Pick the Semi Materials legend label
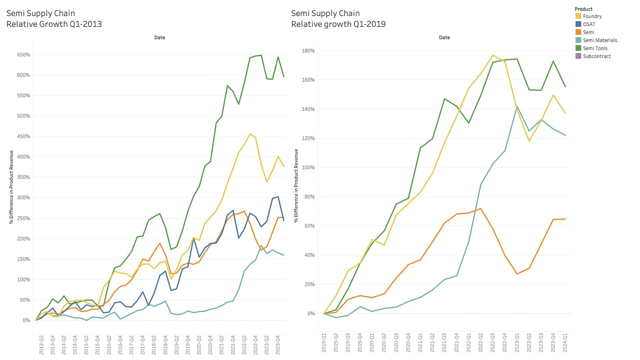pos(600,40)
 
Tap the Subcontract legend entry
pos(596,56)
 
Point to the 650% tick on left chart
pos(23,55)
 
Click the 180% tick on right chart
pos(308,51)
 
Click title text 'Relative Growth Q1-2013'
pos(54,24)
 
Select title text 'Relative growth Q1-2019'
pos(338,24)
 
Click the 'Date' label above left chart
pos(160,37)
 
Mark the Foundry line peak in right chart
pos(493,55)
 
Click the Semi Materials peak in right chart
pos(517,106)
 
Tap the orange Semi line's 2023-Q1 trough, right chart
pos(517,274)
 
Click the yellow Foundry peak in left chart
pos(250,134)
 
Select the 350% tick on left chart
pos(23,177)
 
